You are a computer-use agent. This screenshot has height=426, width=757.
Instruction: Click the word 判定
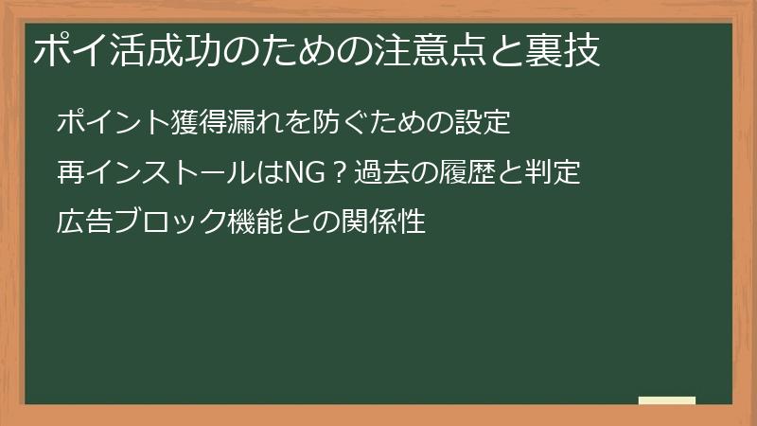(x=553, y=174)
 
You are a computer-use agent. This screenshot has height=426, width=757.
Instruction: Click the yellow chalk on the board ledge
(x=667, y=400)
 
